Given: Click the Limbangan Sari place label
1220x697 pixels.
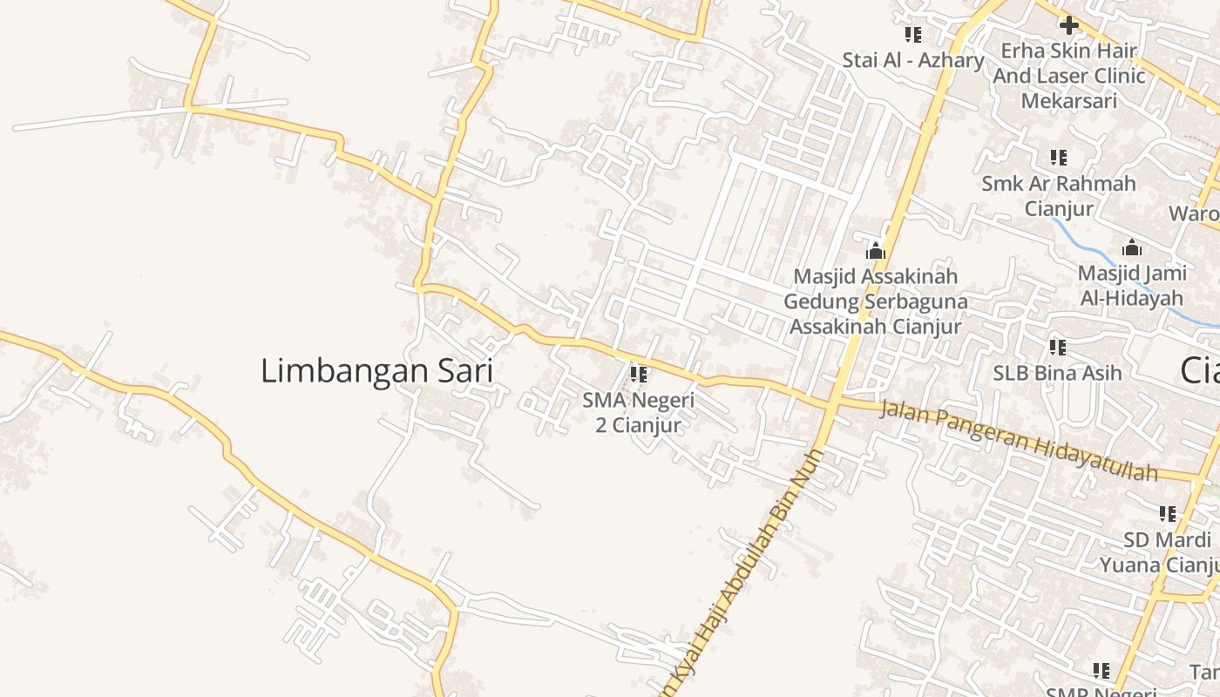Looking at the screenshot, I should (x=376, y=371).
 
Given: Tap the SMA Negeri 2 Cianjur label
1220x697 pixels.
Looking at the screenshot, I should (x=638, y=413).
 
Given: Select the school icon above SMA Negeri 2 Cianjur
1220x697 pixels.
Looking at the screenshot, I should (x=638, y=375).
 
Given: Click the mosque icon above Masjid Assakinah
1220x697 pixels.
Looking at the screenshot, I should (x=875, y=251).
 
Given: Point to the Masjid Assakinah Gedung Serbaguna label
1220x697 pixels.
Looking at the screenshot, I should (x=875, y=301).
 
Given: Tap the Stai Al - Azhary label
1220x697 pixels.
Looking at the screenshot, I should (x=912, y=60).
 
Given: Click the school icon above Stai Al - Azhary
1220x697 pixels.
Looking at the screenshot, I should (x=912, y=35).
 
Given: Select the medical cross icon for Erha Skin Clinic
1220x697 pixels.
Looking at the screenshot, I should (x=1068, y=24).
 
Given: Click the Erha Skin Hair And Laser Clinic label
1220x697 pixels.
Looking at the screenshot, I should (x=1068, y=76).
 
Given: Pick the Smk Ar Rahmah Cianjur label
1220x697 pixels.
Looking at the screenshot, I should (x=1059, y=196).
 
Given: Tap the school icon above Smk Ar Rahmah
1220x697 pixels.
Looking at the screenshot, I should (x=1059, y=158).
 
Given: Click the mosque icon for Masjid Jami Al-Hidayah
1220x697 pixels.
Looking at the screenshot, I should (x=1131, y=247).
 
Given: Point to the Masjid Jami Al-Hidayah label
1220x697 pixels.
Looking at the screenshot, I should (x=1131, y=285).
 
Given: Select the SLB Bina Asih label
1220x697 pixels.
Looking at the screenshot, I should (x=1057, y=373).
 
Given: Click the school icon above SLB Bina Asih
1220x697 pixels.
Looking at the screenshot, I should (x=1057, y=348).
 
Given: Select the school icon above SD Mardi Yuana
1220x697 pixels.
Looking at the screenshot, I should (x=1167, y=514).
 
